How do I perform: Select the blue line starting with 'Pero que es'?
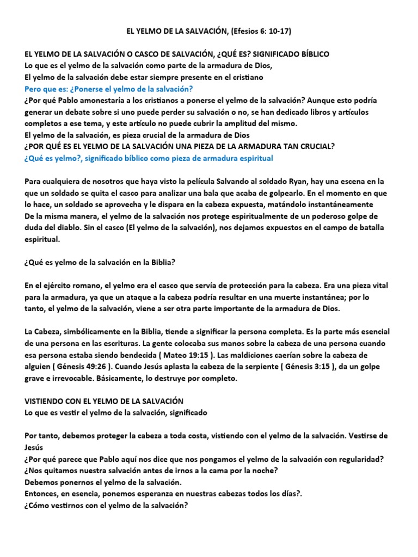point(109,89)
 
